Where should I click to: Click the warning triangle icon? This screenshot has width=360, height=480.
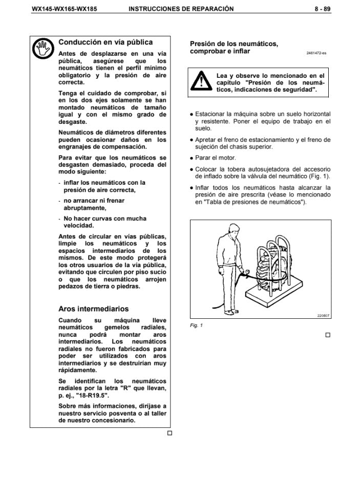point(203,82)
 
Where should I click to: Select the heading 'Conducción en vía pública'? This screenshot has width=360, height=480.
point(105,42)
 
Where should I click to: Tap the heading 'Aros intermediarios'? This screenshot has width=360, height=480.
point(94,309)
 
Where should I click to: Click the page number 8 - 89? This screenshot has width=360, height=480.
point(323,9)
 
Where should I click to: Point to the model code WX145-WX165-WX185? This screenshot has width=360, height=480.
point(58,9)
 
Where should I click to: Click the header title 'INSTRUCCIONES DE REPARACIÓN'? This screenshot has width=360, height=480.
point(181,9)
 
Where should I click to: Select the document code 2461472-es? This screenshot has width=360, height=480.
point(316,53)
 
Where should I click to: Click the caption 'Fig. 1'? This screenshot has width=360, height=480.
point(197,325)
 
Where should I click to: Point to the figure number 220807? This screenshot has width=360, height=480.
point(323,315)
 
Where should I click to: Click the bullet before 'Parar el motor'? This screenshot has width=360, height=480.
point(192,158)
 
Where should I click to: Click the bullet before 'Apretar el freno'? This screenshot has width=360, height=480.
point(192,140)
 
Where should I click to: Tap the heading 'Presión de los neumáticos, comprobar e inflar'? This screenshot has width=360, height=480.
point(234,48)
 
